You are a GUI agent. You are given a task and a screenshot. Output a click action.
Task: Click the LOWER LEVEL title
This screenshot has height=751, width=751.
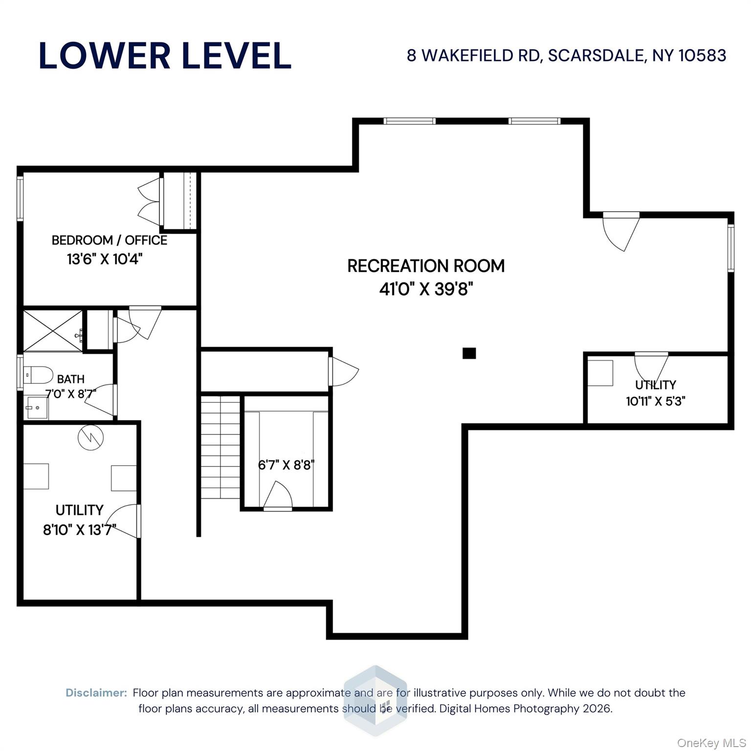[x=165, y=55]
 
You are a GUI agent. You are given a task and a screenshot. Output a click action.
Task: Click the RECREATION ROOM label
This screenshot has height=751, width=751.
[x=426, y=266]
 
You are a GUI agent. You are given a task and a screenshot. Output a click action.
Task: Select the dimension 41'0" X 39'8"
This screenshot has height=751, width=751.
[x=426, y=289]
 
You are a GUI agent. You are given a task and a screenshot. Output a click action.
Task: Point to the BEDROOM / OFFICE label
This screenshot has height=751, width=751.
[x=109, y=240]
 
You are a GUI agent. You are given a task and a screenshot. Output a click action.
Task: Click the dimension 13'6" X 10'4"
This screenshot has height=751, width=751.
[x=105, y=259]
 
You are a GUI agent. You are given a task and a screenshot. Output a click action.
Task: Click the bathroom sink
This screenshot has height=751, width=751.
[x=37, y=408]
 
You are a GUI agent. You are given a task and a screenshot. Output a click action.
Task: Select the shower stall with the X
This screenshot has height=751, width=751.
[x=53, y=330]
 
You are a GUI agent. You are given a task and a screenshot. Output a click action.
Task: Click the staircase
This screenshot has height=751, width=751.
[x=220, y=447]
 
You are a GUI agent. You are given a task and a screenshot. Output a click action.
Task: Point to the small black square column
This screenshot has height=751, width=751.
[x=469, y=353]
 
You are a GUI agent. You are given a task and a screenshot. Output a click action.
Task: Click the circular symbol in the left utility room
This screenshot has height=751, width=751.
[x=91, y=437]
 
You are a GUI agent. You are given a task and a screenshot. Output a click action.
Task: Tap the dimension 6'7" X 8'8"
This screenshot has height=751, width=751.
[x=286, y=464]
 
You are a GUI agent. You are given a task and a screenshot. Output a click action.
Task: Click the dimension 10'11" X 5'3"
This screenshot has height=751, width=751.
[x=655, y=401]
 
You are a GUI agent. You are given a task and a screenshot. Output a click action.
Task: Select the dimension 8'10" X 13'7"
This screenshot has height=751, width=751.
[x=79, y=530]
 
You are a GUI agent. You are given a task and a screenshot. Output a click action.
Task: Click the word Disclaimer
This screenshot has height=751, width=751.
[x=96, y=693]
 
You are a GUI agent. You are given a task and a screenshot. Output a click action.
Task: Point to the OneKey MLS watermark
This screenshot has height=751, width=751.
[x=711, y=743]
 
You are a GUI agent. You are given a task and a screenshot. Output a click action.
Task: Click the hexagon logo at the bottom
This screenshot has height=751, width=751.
[x=375, y=701]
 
